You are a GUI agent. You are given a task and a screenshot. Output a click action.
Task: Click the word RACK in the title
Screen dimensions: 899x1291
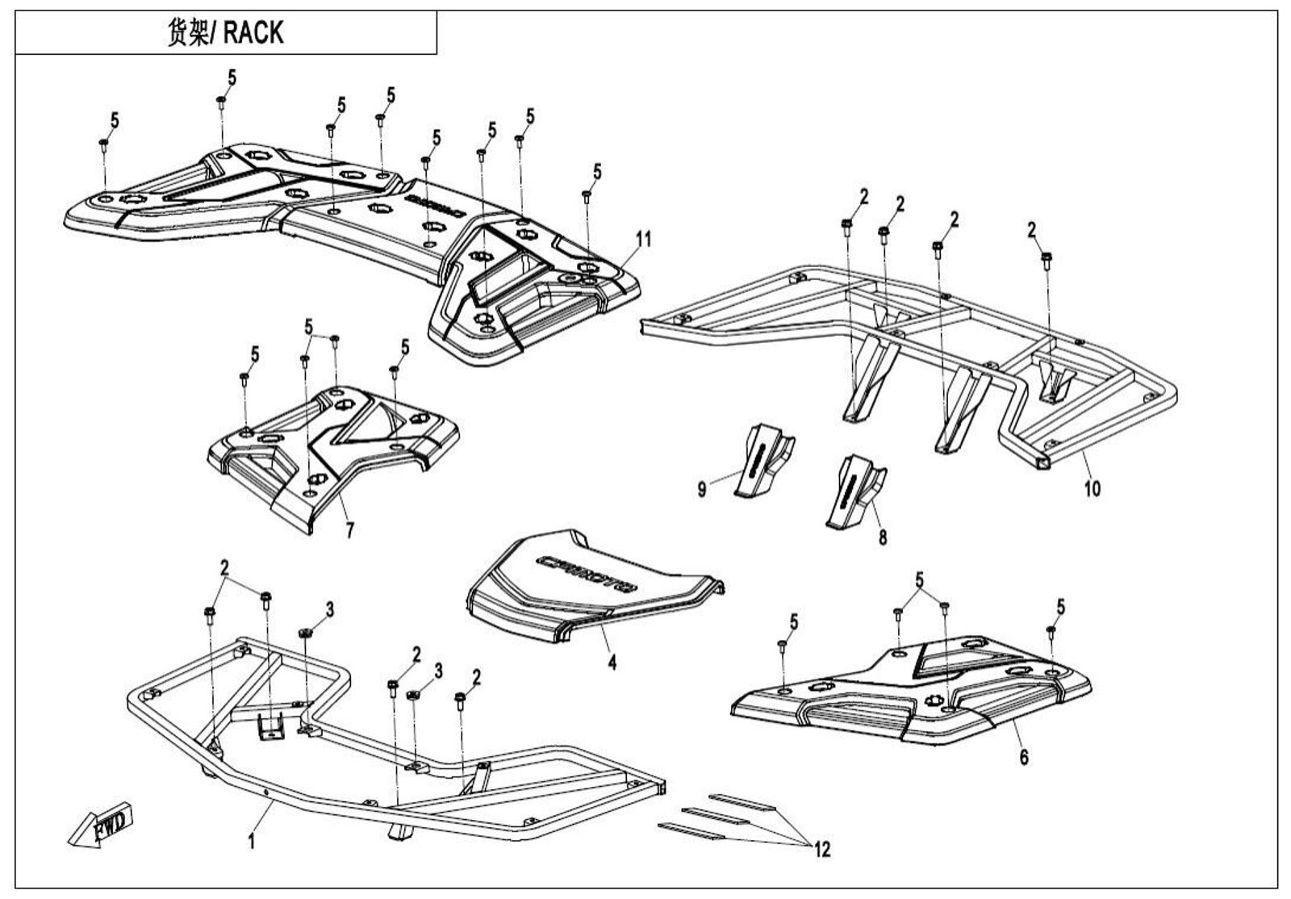(253, 33)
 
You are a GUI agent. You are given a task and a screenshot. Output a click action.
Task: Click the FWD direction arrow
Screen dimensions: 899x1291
(101, 829)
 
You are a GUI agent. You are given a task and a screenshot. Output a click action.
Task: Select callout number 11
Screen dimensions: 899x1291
(643, 239)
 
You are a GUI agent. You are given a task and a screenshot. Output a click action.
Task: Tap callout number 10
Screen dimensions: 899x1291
(1092, 488)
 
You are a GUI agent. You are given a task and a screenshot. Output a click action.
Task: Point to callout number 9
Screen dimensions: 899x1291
(702, 488)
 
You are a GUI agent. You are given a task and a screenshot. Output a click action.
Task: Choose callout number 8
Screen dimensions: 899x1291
(883, 536)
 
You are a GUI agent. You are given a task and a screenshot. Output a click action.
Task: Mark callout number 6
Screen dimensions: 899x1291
(1024, 757)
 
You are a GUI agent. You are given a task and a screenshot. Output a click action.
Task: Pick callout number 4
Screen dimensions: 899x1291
(612, 663)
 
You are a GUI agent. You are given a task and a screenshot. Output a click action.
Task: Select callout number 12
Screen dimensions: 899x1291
(822, 848)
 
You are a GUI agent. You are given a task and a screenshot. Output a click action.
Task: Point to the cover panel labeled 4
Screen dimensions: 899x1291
(589, 589)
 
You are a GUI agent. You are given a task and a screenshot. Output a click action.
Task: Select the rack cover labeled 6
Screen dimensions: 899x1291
(912, 686)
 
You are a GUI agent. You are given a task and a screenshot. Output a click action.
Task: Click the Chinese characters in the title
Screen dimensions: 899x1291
(188, 33)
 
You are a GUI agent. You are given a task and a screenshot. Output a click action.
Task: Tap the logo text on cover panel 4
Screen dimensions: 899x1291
(587, 572)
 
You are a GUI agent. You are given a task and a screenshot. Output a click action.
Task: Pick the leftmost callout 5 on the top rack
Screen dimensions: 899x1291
(115, 121)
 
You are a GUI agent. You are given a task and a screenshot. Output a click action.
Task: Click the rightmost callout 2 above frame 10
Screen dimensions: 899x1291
(1032, 231)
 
